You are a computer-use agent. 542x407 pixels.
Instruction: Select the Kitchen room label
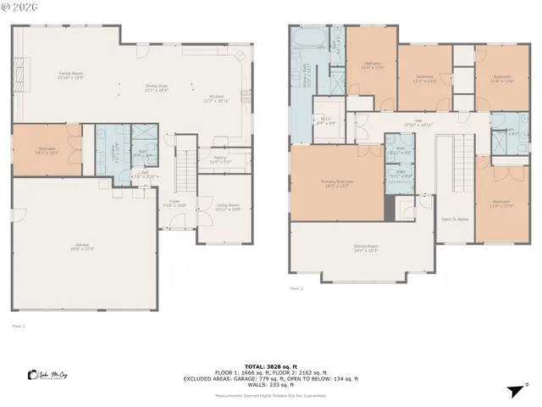215,98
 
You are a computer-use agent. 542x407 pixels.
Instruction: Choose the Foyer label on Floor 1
174,203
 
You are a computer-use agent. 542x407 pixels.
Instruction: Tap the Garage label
82,248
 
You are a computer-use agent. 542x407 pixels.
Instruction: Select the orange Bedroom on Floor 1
47,152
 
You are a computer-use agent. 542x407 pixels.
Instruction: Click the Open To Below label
456,220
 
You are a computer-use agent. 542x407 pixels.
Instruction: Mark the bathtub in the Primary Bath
304,39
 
